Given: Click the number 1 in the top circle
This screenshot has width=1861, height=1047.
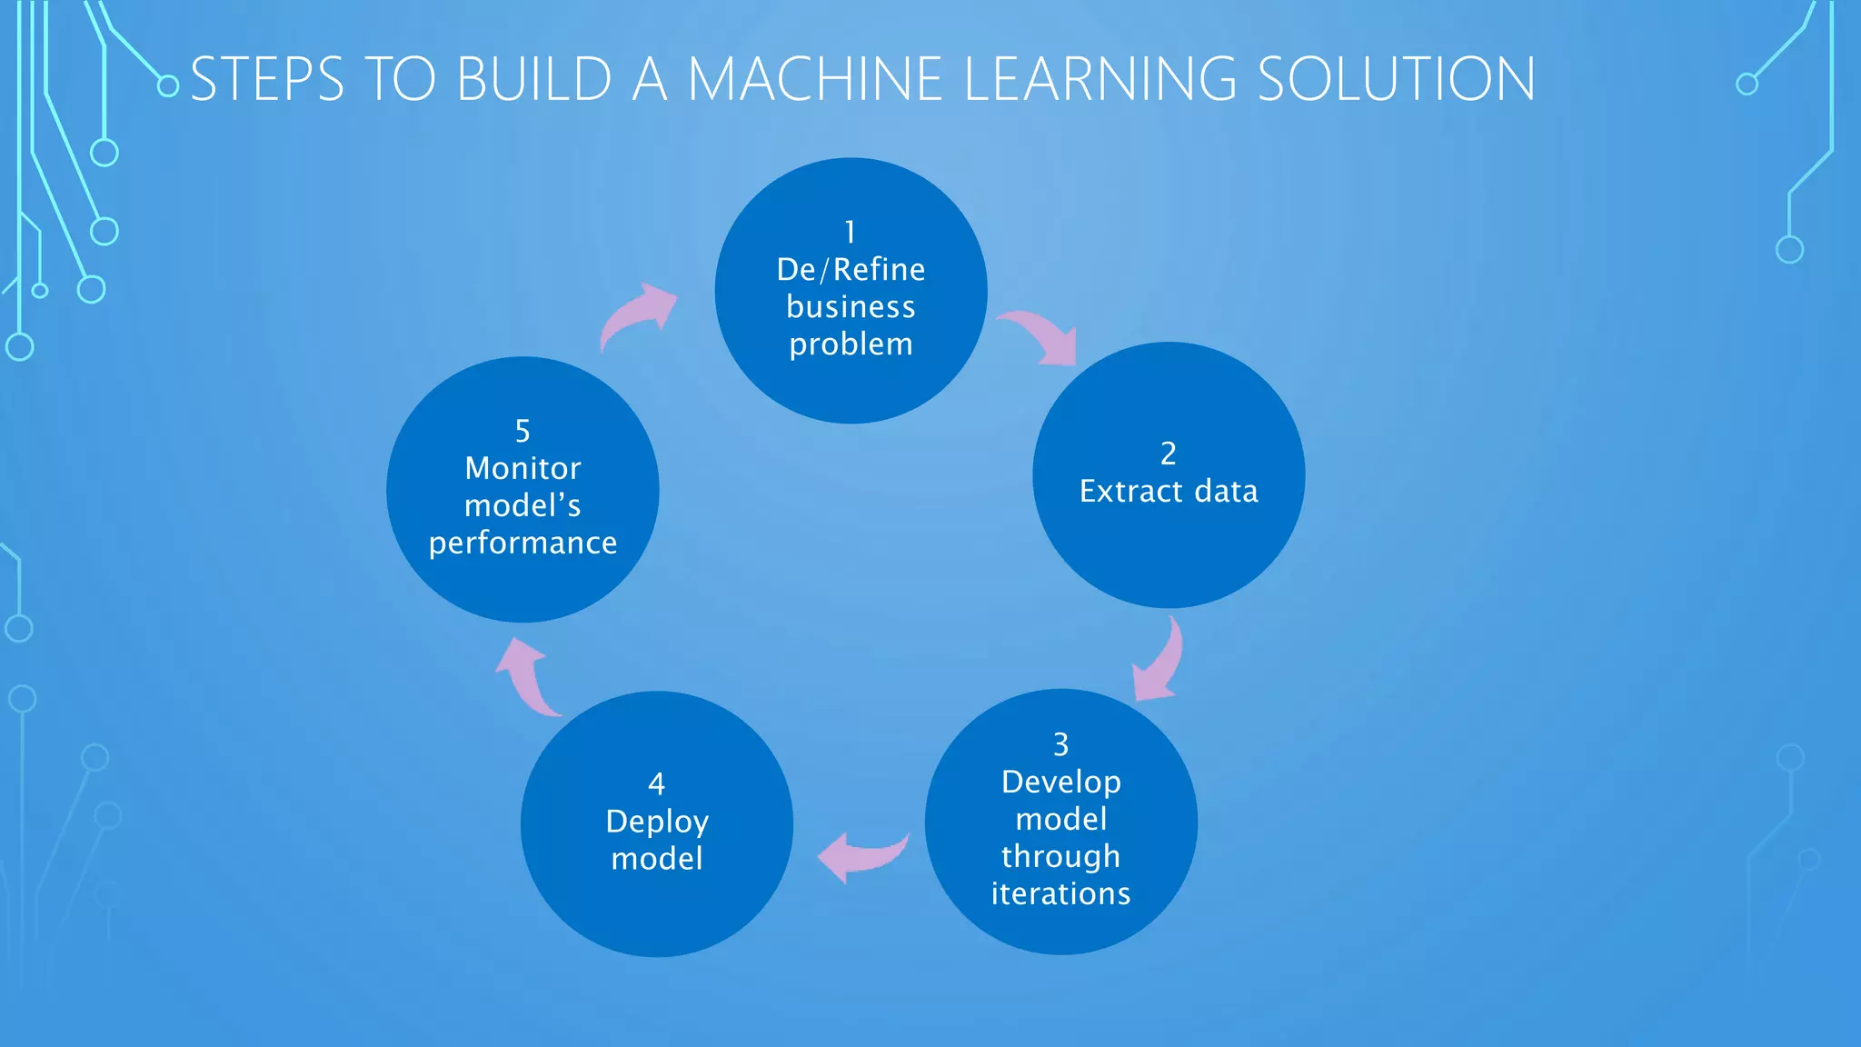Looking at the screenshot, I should point(851,233).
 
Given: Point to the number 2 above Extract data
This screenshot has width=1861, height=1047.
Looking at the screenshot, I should point(1169,454).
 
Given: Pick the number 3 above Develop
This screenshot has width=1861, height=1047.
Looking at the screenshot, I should point(1060,744).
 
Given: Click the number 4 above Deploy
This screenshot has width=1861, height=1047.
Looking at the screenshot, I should point(656,783).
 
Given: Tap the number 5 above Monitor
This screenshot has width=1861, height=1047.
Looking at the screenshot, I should point(522,431).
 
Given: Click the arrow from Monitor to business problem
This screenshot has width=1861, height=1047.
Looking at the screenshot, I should point(639,315).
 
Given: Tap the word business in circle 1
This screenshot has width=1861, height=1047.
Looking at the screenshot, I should point(851,307).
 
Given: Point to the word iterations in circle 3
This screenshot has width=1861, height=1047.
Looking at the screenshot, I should point(1060,894).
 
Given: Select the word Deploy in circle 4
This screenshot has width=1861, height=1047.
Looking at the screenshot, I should point(656,822).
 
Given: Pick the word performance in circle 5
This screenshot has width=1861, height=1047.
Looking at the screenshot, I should point(522,543).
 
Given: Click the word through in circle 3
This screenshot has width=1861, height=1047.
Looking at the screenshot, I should point(1060,857).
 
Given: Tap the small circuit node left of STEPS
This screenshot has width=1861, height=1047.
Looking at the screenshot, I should point(168,86).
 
